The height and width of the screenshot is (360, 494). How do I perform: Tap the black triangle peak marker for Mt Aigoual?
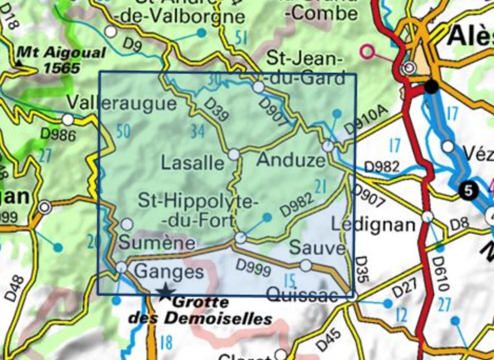point(19,63)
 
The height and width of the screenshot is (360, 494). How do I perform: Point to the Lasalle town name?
point(192,163)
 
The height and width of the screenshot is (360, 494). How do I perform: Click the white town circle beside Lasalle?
point(233,154)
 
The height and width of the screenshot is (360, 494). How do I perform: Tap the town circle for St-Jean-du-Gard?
point(259,87)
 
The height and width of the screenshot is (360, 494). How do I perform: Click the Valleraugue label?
point(122,103)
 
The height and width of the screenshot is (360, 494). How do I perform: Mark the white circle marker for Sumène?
point(127,224)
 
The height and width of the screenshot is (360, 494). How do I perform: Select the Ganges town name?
point(169,272)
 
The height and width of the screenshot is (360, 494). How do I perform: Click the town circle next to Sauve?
point(305,266)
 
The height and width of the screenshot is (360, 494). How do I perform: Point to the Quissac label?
point(302,295)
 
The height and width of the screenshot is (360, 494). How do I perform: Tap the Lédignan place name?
point(373,224)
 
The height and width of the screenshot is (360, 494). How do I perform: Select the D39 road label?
point(216,112)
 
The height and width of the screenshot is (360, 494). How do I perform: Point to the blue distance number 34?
point(197,132)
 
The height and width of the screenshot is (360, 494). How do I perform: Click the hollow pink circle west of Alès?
point(367,52)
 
